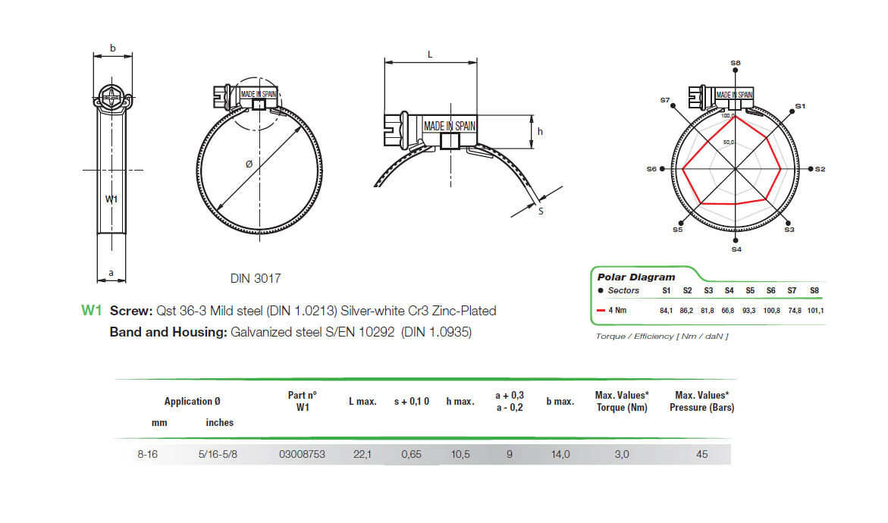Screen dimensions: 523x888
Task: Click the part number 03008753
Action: tap(302, 455)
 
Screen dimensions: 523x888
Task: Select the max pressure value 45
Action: tap(701, 455)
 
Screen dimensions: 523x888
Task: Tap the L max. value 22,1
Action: tap(362, 455)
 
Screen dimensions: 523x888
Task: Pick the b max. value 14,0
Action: tap(560, 455)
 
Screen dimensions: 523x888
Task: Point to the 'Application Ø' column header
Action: tap(193, 402)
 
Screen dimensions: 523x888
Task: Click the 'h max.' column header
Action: tap(460, 402)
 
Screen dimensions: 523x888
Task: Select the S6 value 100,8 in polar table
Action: tap(770, 310)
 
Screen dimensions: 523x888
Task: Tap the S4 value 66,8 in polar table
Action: tap(729, 310)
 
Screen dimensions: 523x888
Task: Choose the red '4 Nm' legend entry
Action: tap(615, 310)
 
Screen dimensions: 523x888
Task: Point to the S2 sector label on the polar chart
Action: tap(820, 169)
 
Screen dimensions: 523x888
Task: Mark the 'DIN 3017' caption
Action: tap(256, 279)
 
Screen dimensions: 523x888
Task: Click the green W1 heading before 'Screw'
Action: tap(91, 311)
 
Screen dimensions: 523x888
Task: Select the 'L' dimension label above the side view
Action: tap(430, 55)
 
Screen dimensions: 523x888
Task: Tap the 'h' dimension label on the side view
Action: tap(540, 131)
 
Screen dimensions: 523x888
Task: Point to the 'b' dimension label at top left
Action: tap(112, 49)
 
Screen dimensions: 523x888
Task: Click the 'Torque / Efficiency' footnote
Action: tap(661, 336)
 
